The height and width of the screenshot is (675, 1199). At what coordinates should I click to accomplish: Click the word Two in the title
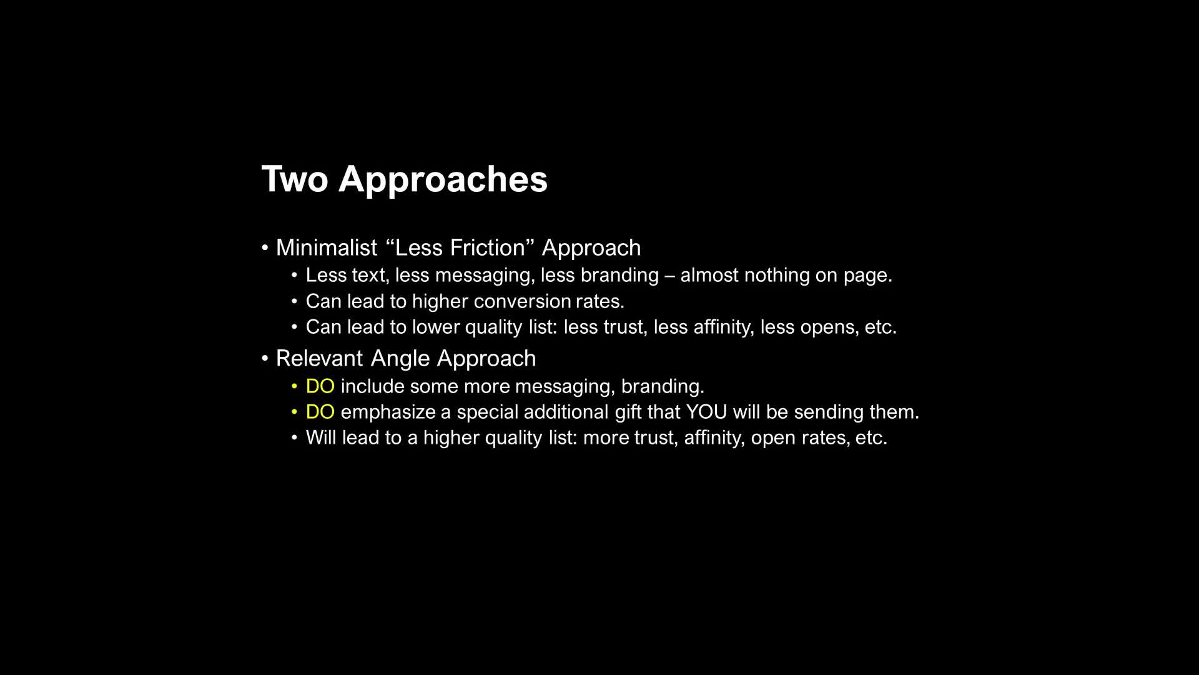click(x=295, y=179)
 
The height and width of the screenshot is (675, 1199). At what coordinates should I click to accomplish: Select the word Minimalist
click(x=327, y=247)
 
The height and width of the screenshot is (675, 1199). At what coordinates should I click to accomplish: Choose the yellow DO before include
click(x=320, y=386)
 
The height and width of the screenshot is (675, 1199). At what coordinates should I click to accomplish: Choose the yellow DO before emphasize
click(x=320, y=412)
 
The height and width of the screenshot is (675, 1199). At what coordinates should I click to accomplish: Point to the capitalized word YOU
click(x=706, y=412)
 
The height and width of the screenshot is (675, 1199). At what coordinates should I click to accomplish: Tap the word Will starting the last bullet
click(x=321, y=437)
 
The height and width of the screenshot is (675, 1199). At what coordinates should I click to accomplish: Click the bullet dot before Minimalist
click(x=265, y=248)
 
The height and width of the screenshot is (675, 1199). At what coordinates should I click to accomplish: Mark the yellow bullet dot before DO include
click(x=295, y=387)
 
